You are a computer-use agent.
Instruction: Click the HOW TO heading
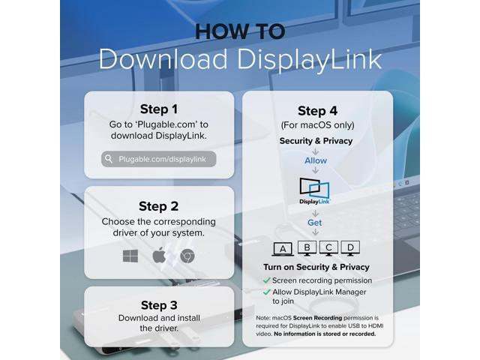tap(239, 31)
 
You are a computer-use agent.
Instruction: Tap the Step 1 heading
tap(159, 109)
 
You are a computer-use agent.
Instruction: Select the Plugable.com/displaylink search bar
tap(159, 159)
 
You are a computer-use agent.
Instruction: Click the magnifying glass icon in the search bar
tap(109, 159)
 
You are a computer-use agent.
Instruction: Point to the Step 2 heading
tap(159, 206)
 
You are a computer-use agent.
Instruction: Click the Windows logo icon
tap(130, 256)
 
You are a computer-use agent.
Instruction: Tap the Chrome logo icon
tap(187, 256)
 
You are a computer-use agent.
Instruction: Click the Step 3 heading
tap(159, 305)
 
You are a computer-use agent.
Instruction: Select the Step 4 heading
tap(317, 111)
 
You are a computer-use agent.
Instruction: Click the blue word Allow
tap(316, 160)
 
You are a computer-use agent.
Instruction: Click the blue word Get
tap(315, 223)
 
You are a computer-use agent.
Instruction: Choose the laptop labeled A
tap(282, 249)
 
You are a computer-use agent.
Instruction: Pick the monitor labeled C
tap(328, 247)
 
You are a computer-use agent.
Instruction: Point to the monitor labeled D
tap(351, 247)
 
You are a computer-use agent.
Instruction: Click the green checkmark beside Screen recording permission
tap(267, 280)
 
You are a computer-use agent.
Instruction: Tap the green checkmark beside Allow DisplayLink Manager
tap(267, 292)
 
